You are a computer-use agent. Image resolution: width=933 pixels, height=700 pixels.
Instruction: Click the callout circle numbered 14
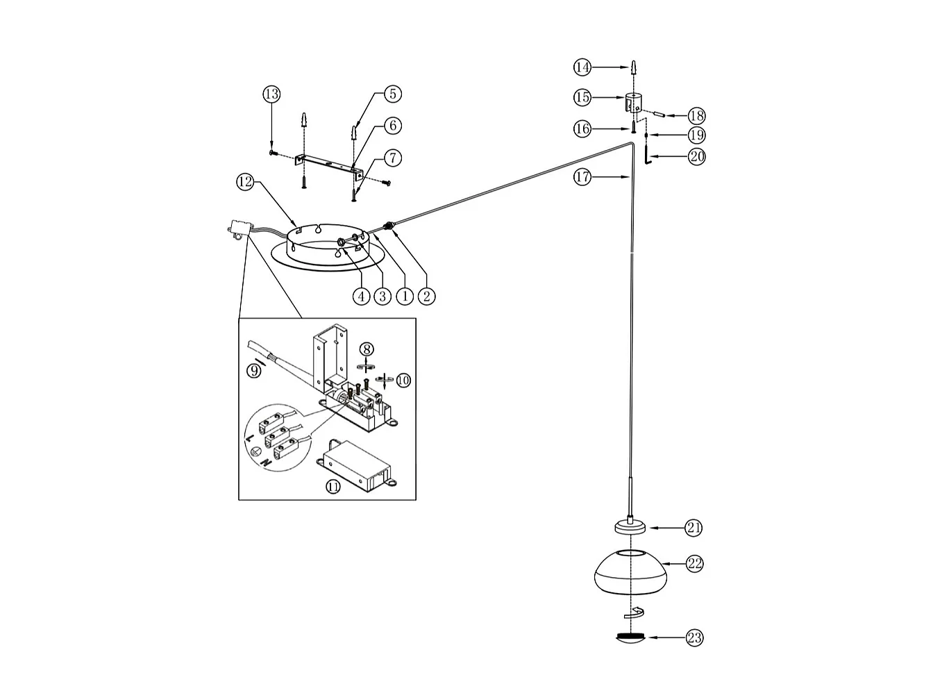582,67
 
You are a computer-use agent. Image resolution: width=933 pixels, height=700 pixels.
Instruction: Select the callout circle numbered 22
694,564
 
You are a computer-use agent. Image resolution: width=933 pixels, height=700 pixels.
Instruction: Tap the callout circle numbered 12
244,182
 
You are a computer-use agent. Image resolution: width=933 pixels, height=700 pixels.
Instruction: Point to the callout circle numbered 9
255,371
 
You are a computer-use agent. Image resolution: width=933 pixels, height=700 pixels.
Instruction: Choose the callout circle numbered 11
333,486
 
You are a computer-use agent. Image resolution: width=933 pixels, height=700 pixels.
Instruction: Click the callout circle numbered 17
582,177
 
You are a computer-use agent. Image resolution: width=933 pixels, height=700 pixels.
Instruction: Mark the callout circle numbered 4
360,297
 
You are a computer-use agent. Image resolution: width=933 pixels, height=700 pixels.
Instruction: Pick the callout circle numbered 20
696,157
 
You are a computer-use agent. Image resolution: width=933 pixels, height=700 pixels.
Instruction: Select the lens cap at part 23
630,637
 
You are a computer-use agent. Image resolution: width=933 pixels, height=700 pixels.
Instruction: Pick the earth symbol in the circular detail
255,451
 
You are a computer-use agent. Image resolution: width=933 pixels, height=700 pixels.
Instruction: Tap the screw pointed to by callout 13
273,151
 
